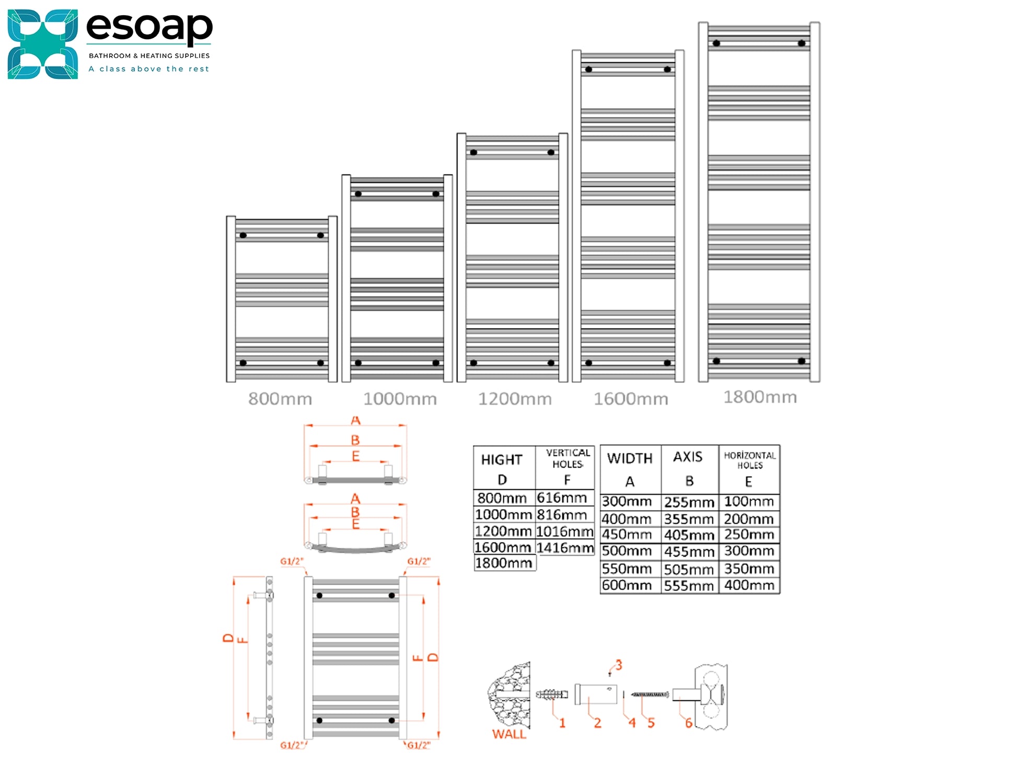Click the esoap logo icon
42,44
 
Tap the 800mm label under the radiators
280,399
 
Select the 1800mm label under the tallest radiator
760,397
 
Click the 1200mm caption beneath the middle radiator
515,399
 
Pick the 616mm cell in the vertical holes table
562,498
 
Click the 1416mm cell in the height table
565,548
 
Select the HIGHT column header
502,460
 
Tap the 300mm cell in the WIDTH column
627,502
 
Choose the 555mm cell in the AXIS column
689,586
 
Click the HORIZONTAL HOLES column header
749,460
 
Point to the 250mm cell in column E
748,535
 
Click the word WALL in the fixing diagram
509,734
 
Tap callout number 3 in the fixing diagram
619,665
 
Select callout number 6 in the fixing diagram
689,723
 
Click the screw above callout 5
650,695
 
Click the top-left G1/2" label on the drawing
292,561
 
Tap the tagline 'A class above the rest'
149,69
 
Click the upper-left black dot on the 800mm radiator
243,236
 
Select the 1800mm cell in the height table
503,563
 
